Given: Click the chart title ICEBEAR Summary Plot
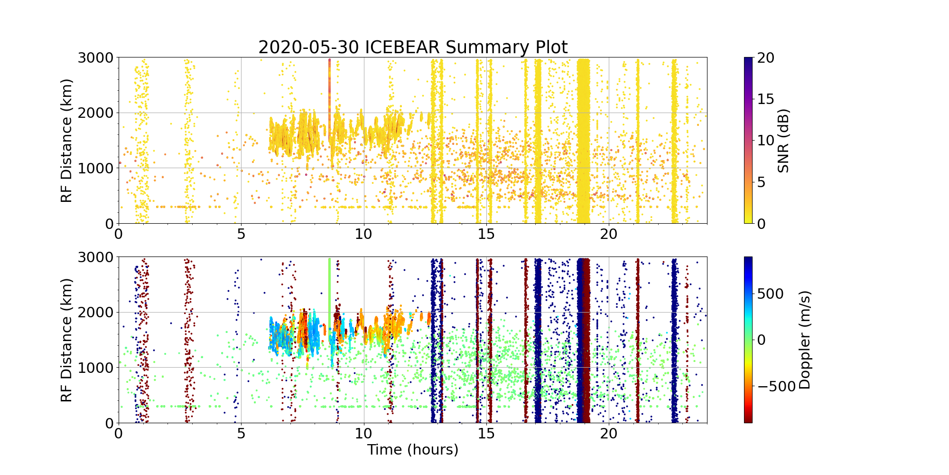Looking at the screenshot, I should (413, 47).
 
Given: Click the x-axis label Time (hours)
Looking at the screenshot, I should (413, 449).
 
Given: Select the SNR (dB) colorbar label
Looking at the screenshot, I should (783, 141).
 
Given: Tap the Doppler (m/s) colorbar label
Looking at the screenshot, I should (805, 340).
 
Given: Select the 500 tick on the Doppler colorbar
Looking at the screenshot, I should (770, 294).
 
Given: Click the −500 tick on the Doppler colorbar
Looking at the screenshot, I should (776, 387).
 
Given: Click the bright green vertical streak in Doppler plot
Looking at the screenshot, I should (329, 294).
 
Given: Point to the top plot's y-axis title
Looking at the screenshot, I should (67, 141).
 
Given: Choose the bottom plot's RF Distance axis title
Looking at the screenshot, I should (67, 340).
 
